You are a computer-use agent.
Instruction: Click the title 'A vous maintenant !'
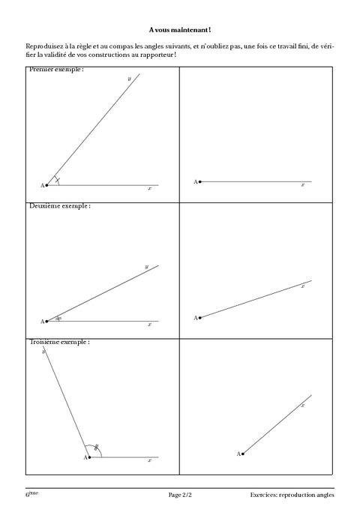point(180,29)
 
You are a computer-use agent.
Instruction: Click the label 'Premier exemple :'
point(56,70)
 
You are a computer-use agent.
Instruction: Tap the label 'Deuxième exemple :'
point(59,205)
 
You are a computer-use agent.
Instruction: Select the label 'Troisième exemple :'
point(59,342)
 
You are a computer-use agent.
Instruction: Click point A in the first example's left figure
point(46,184)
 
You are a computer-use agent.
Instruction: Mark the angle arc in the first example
point(58,180)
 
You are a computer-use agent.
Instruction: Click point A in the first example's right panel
point(199,181)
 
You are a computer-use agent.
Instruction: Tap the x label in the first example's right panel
point(302,185)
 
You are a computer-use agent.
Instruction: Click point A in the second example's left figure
point(46,321)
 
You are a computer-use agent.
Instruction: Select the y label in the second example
point(146,266)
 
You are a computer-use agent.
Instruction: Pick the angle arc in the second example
point(58,318)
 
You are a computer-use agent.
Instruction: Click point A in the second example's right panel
point(199,318)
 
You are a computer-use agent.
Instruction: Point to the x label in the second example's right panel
point(302,286)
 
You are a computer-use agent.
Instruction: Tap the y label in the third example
point(44,351)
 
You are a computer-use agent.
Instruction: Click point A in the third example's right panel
point(243,454)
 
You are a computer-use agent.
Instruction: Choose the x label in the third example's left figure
point(149,461)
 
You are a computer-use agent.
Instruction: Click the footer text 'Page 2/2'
point(180,496)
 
